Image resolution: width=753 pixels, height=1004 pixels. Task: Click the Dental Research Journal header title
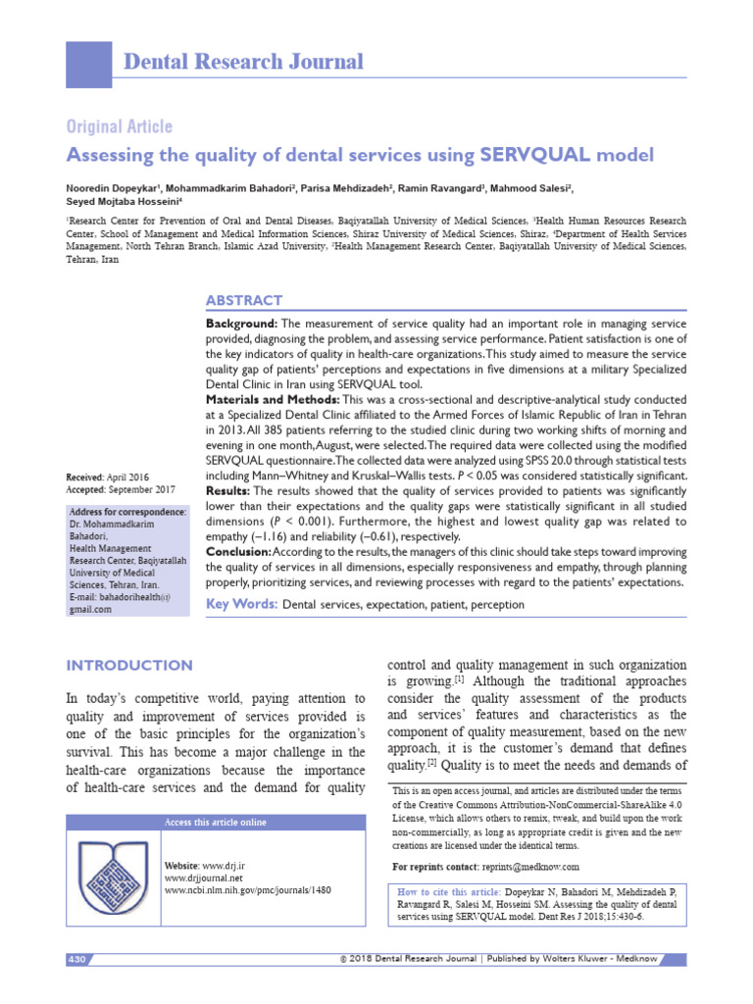click(x=243, y=62)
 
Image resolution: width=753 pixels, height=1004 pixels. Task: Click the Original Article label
click(x=119, y=126)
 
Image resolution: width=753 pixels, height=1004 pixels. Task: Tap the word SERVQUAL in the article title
click(x=535, y=155)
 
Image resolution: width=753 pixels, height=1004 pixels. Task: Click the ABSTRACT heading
click(x=243, y=300)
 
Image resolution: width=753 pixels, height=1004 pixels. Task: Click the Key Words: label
click(x=241, y=605)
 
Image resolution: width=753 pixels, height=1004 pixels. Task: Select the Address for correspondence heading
click(x=127, y=513)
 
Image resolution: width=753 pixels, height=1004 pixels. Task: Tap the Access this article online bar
click(x=215, y=822)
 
